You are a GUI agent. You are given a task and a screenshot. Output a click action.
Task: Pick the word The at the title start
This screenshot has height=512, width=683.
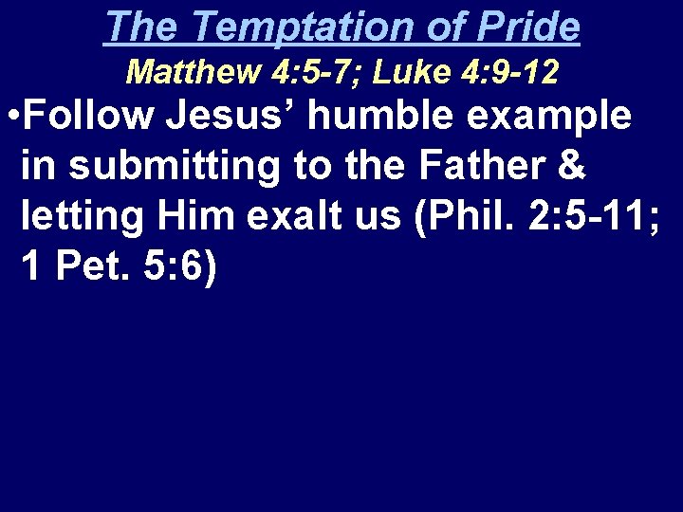click(x=139, y=27)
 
